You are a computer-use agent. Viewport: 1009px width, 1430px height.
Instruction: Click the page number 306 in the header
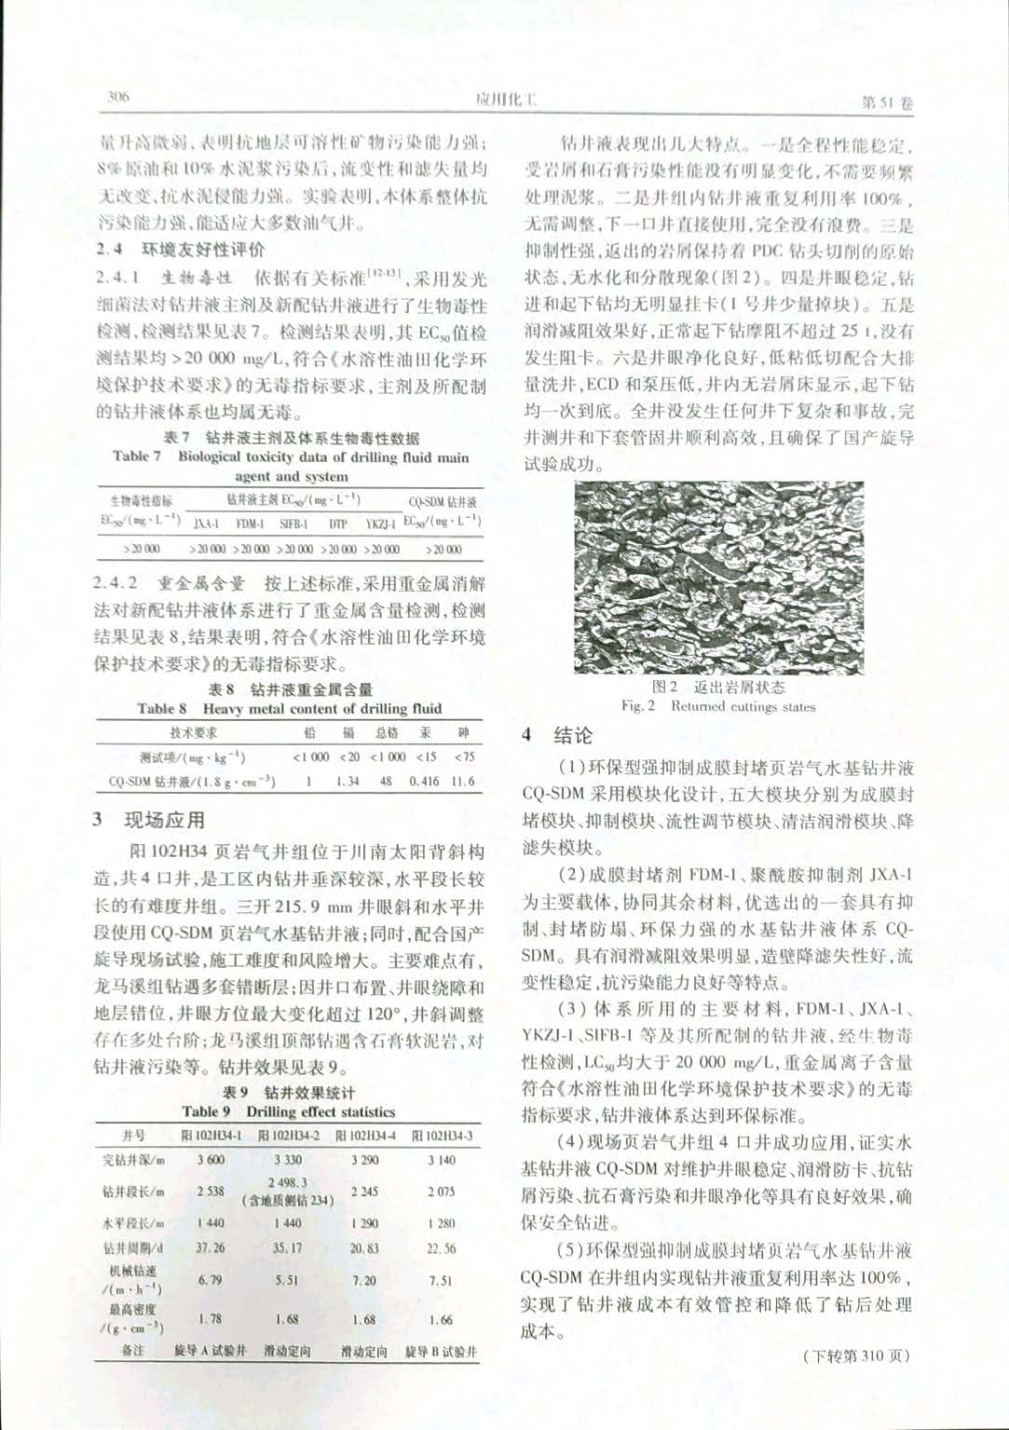pos(118,97)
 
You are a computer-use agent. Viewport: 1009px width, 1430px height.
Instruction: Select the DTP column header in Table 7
pos(338,524)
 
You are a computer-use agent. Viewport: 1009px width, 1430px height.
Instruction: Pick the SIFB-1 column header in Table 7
pos(293,524)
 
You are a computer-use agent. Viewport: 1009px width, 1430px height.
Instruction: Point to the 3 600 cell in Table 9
pos(211,1160)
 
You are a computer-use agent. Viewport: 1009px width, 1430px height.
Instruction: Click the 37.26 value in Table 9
pos(211,1247)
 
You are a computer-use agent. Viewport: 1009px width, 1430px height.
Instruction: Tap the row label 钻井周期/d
pos(133,1247)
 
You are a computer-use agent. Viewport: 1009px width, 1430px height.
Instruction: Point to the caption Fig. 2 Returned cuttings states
pos(718,706)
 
